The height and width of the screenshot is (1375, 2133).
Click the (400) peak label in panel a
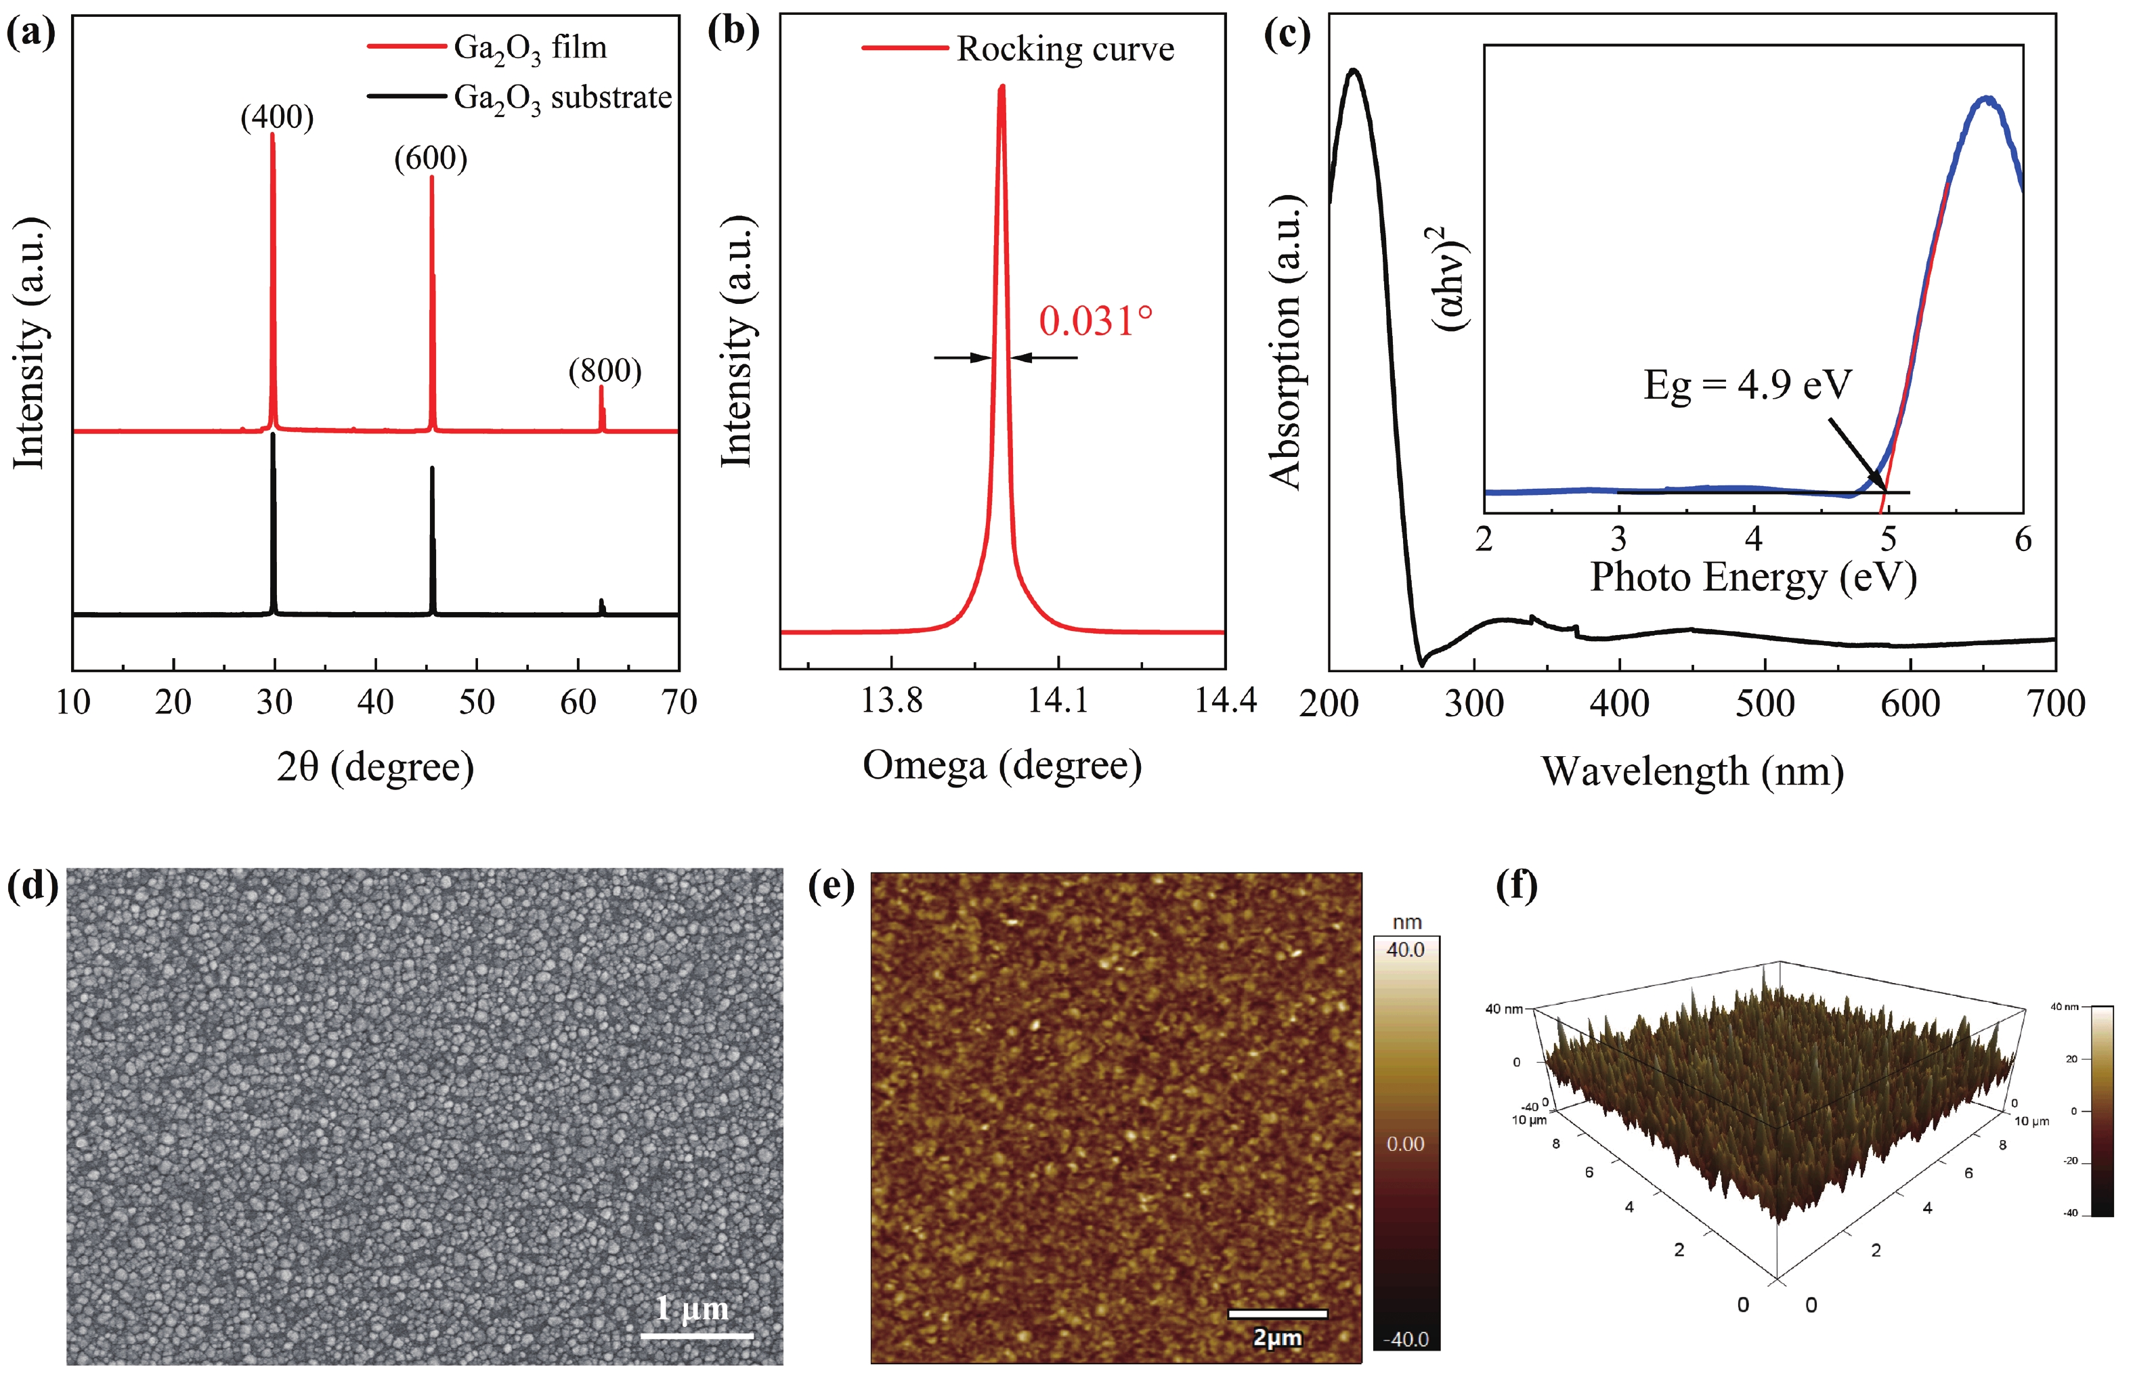[277, 117]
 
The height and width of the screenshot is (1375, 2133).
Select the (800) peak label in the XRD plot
[605, 370]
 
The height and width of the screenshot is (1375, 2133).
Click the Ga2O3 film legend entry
[530, 47]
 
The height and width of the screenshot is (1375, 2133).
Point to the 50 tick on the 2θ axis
[476, 702]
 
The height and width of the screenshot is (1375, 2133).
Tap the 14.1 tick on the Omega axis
[1058, 700]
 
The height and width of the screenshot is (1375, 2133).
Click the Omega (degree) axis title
[1001, 765]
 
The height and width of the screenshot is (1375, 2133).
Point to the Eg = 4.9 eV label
[1747, 385]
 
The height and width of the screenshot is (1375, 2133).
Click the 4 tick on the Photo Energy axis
[1754, 540]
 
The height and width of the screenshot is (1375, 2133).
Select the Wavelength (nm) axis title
[1692, 770]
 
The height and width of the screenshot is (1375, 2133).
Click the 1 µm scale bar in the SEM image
[696, 1335]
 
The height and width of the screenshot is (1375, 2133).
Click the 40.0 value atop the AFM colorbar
[1405, 950]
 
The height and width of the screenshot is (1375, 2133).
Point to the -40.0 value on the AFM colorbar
[1405, 1338]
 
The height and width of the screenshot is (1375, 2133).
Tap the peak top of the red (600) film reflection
[432, 177]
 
